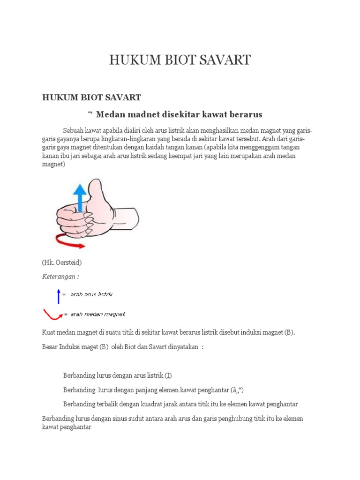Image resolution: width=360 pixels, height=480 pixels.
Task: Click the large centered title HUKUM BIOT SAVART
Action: tap(180, 60)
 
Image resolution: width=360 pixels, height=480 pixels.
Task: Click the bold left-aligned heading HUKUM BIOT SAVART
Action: tap(91, 97)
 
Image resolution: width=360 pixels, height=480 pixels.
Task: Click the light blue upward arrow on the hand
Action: tap(80, 197)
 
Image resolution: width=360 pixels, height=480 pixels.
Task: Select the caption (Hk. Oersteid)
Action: tap(61, 262)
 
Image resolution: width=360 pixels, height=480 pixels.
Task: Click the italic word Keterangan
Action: tap(60, 277)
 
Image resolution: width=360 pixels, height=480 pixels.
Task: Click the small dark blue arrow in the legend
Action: tap(59, 295)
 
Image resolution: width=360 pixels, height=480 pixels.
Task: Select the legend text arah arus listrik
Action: tap(91, 294)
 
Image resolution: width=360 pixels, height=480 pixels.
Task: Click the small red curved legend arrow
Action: tap(52, 315)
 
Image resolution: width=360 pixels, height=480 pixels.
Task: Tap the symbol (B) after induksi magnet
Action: tap(289, 332)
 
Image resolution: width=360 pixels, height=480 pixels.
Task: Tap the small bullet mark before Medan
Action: tap(90, 113)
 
